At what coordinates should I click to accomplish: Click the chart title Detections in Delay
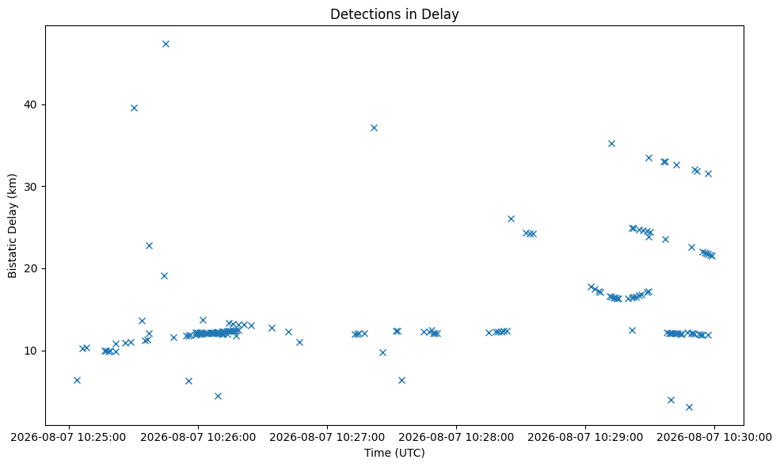tap(394, 14)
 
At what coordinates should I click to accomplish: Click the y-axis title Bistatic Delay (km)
tap(13, 226)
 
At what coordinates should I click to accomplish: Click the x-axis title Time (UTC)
tap(394, 453)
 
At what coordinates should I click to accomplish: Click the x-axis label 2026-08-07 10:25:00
tap(69, 437)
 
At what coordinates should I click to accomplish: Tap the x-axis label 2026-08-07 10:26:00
tap(198, 437)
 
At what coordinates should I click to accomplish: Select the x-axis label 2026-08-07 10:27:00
tap(327, 437)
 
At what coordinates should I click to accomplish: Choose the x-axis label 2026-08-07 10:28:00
tap(456, 437)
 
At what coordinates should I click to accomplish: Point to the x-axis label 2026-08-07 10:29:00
tap(585, 437)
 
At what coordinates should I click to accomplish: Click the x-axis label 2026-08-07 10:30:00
tap(715, 437)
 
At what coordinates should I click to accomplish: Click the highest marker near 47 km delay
tap(166, 44)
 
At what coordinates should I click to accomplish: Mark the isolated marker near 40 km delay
tap(134, 108)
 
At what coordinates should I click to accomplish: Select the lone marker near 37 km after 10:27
tap(374, 127)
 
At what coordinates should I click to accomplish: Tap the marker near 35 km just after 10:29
tap(612, 144)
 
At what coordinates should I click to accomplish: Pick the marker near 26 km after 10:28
tap(511, 218)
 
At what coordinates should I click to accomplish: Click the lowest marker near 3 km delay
tap(689, 408)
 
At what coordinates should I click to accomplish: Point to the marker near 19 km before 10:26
tap(164, 276)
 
